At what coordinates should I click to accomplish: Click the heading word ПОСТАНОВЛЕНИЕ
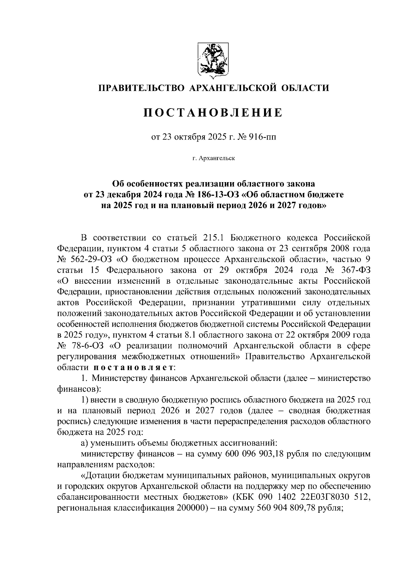click(x=213, y=113)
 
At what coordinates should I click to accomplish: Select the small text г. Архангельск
click(x=213, y=158)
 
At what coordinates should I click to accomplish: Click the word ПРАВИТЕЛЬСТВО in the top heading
click(x=141, y=88)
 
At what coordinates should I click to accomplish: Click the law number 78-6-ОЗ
click(x=85, y=345)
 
